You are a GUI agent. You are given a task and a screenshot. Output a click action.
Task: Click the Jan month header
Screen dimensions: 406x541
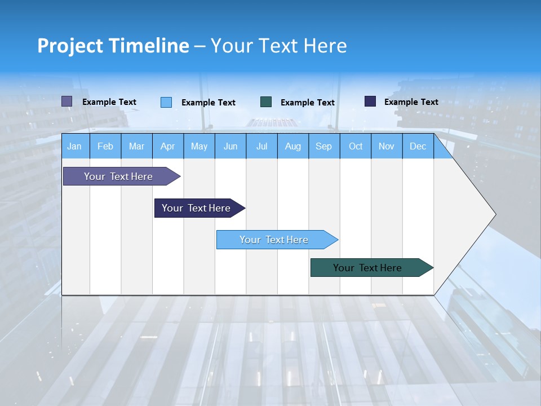tap(75, 146)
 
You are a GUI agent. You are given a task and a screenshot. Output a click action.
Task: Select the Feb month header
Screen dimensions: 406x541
tap(105, 146)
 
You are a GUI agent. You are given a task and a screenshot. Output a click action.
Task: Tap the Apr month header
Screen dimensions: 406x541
tap(168, 146)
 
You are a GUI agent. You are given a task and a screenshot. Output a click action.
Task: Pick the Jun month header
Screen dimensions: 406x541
tap(230, 146)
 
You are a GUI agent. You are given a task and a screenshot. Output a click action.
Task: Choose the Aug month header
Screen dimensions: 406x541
tap(293, 146)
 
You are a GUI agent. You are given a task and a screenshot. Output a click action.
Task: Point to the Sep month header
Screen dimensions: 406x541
tap(324, 146)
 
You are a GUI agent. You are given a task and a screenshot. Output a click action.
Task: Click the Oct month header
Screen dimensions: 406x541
tap(356, 146)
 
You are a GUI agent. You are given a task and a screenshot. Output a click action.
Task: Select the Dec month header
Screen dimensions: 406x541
tap(418, 146)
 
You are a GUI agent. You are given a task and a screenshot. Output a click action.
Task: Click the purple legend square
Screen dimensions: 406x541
tap(66, 101)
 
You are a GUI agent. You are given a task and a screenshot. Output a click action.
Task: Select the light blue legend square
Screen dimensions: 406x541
tap(166, 102)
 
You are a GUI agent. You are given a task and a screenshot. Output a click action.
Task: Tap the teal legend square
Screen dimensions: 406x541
tap(266, 102)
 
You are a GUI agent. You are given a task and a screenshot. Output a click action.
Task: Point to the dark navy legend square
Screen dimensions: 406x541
tap(370, 101)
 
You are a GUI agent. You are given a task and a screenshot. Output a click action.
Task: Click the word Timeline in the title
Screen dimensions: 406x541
tap(149, 46)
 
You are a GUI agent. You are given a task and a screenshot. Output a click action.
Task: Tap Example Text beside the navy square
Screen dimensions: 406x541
tap(411, 102)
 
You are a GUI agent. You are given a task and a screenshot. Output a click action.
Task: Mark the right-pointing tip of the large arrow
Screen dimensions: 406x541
tap(495, 214)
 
